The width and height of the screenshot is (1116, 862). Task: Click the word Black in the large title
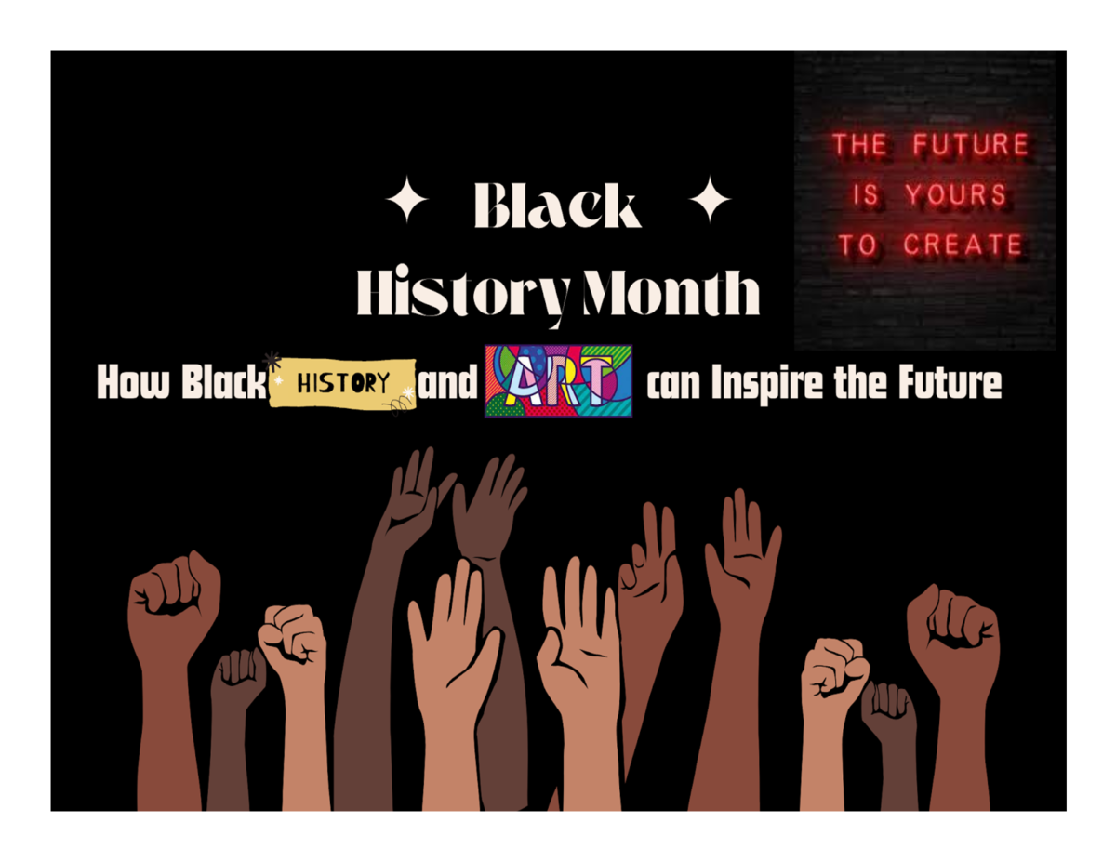click(x=557, y=206)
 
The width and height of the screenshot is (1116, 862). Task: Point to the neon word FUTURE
click(x=969, y=145)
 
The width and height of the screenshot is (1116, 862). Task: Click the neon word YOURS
click(x=955, y=195)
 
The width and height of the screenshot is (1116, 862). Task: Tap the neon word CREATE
click(x=963, y=245)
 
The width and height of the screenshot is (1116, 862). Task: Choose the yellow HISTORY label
click(x=342, y=382)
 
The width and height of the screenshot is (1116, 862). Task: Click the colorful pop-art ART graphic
click(x=558, y=380)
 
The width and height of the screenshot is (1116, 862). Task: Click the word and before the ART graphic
click(x=447, y=383)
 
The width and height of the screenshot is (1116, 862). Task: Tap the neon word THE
click(x=859, y=145)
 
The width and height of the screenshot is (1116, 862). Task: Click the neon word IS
click(x=865, y=195)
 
